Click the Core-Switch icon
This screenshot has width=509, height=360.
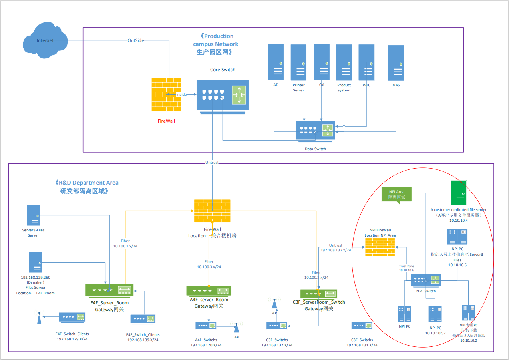[222, 95]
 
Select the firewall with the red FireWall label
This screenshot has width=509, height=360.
[166, 94]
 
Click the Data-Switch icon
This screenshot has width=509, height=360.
[315, 131]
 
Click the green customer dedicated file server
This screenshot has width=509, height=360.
[458, 193]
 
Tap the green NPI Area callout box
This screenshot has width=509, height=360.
[396, 194]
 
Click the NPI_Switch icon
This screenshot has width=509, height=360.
[426, 280]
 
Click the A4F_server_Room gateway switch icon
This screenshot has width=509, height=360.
[209, 291]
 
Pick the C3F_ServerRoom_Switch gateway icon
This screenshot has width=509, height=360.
[318, 294]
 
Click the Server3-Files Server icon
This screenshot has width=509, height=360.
[33, 215]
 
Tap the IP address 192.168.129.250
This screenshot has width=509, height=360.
[35, 277]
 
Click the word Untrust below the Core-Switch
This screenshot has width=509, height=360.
[212, 162]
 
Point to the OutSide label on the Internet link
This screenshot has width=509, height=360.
[135, 40]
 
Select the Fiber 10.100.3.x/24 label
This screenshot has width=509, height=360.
[209, 264]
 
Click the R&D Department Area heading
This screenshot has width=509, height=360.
[87, 183]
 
